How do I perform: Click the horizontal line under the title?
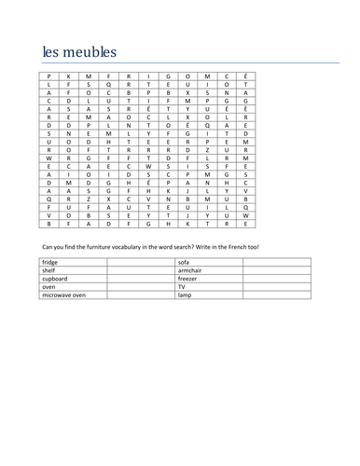coord(187,64)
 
